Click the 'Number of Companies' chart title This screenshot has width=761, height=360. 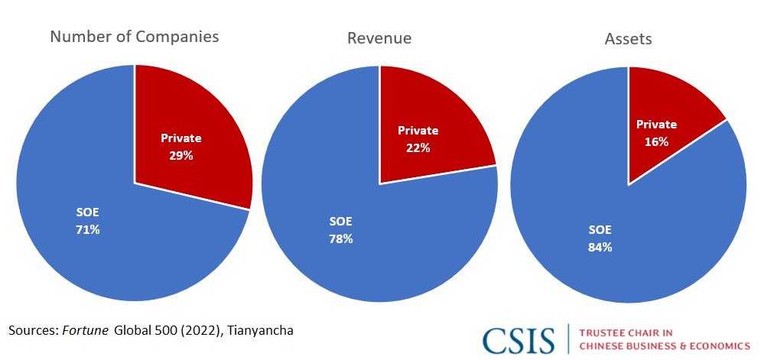click(x=135, y=37)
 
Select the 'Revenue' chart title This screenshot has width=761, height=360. click(x=379, y=37)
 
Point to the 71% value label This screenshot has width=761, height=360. click(x=86, y=229)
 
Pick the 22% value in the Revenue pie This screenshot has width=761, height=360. click(x=418, y=148)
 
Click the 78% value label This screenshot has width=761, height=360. click(x=340, y=238)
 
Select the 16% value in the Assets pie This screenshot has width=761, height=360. click(x=656, y=141)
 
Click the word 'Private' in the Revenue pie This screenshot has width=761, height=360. click(x=418, y=131)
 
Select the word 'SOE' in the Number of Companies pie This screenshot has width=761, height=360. click(x=86, y=213)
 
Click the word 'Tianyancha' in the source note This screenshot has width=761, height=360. click(x=262, y=329)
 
